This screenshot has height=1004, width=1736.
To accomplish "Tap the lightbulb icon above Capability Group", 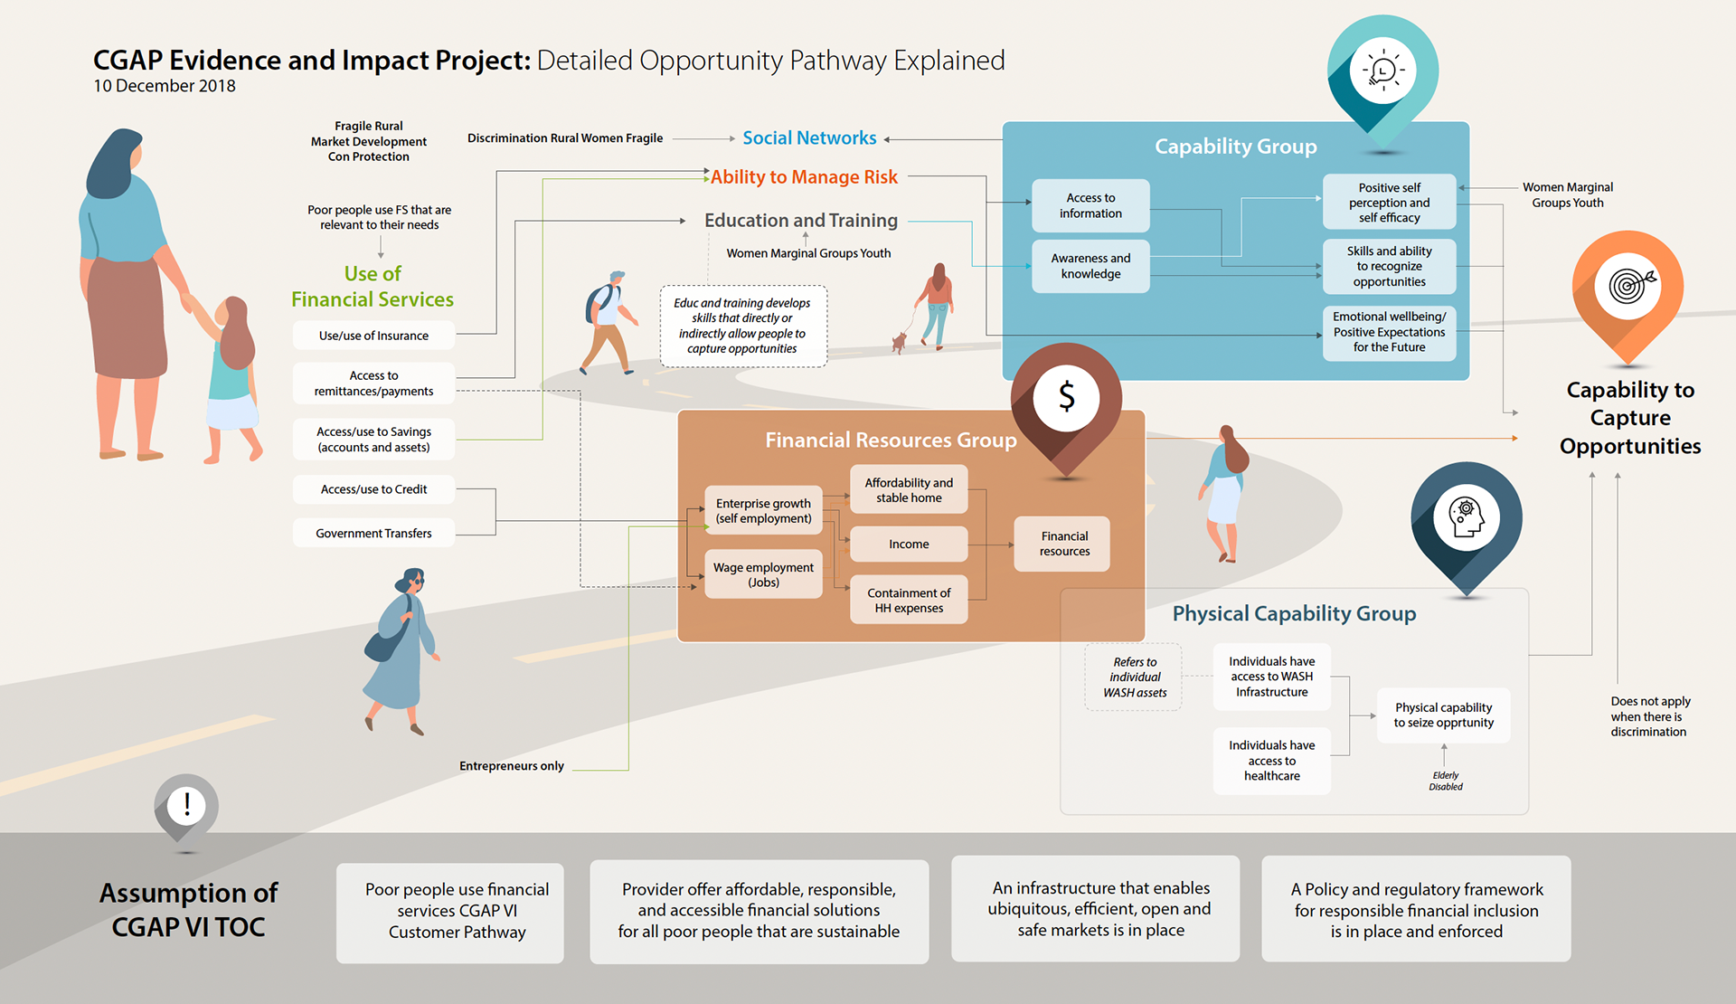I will pos(1382,71).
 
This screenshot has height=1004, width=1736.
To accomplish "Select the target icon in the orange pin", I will pos(1627,286).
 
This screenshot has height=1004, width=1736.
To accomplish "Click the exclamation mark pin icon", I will pos(186,805).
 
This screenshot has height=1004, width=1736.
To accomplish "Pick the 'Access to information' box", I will pos(1090,205).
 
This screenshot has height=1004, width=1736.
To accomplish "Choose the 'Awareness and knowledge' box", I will pos(1090,266).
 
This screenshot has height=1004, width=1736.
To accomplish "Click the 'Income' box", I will pos(909,545).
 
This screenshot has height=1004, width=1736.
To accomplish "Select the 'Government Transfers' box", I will pos(373,534).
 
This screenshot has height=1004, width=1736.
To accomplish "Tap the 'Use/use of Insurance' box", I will pos(373,336).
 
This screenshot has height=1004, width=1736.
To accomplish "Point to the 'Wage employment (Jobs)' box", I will pos(763,574).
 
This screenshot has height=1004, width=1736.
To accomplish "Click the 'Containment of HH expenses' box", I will pos(909,600).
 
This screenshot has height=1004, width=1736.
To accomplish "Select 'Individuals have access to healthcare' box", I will pos(1271,761).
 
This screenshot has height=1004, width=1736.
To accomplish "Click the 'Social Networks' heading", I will pos(809,138).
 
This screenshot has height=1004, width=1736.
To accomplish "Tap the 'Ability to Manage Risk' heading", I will pos(804,177).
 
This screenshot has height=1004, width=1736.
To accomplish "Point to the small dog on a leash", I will pos(899,342).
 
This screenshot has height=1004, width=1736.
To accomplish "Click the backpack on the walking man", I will pos(598,303).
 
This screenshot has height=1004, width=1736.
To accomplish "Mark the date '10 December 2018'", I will pos(165,86).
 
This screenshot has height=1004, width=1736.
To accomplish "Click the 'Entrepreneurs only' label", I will pos(512,766).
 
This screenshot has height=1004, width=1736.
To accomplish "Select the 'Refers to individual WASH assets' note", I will pos(1135,677).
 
